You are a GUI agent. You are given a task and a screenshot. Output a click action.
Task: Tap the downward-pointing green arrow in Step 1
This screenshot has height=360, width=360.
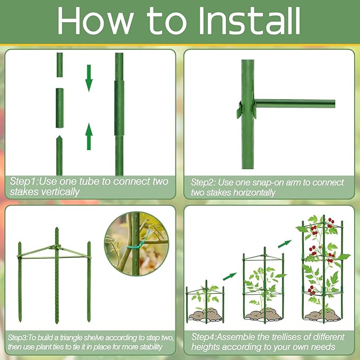89,77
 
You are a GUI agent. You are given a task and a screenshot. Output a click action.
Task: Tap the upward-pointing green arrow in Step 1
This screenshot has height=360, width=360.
89,136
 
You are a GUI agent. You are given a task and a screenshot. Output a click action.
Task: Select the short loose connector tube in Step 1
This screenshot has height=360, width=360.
59,108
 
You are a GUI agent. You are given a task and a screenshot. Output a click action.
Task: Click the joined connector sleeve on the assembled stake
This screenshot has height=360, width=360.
119,108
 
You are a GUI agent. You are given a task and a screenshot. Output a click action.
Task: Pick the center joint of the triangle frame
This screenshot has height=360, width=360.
55,248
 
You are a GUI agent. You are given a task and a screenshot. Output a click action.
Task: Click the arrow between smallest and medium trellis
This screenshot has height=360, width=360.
229,276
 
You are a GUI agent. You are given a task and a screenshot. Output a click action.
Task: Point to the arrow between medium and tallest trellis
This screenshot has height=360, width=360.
285,243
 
